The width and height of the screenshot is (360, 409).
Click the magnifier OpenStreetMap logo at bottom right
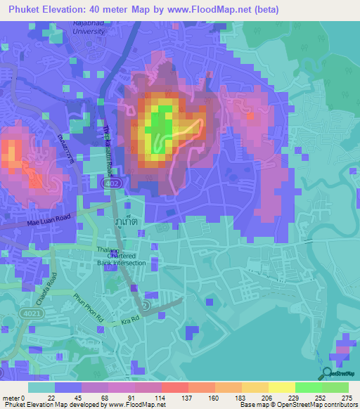(328, 372)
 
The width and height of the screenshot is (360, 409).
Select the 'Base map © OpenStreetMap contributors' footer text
(297, 405)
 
